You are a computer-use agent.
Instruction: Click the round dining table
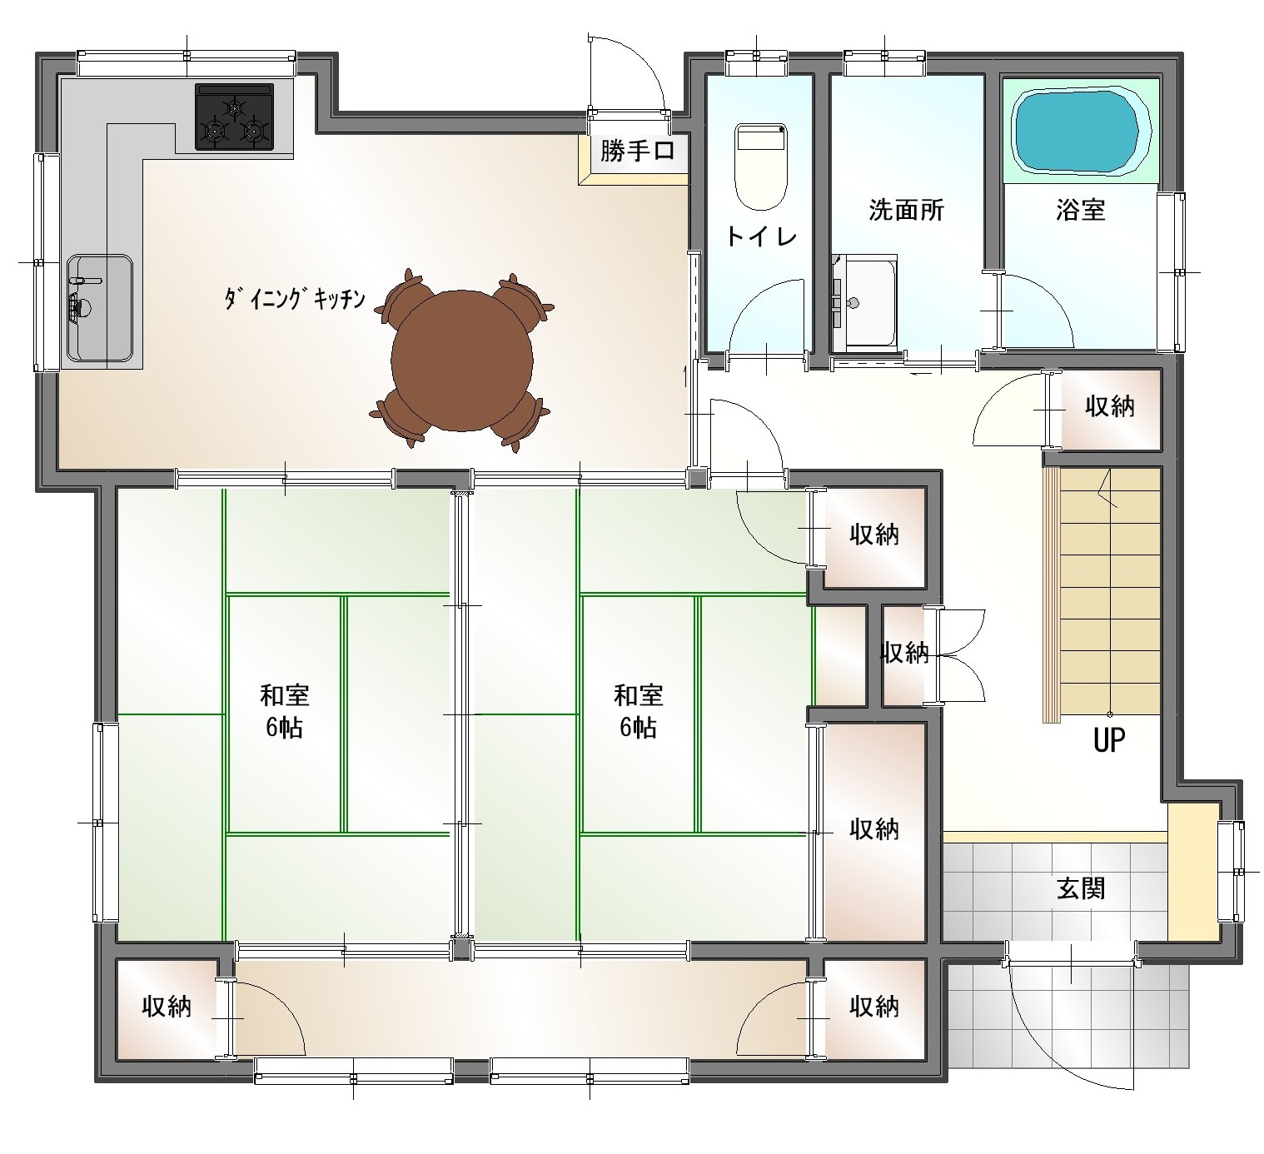click(x=462, y=361)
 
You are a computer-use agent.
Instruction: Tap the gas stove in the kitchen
click(x=235, y=117)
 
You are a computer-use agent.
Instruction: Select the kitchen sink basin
click(x=100, y=308)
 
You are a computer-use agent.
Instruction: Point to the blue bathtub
click(x=1080, y=129)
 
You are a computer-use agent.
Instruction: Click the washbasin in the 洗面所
click(x=863, y=303)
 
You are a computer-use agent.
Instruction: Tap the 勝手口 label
click(x=637, y=152)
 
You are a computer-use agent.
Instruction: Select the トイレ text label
click(x=761, y=236)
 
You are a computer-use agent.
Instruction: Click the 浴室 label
click(x=1080, y=210)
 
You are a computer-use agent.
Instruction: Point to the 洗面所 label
click(x=906, y=210)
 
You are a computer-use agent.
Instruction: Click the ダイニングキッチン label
click(x=294, y=299)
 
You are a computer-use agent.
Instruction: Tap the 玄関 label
click(x=1080, y=888)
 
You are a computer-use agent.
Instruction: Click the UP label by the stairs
click(x=1109, y=740)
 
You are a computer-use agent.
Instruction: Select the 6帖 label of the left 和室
click(x=284, y=728)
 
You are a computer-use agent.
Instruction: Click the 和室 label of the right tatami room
click(x=639, y=696)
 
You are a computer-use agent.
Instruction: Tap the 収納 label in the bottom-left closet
click(x=167, y=1007)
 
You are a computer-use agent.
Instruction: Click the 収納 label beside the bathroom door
click(x=1110, y=406)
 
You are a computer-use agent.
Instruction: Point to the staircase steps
click(x=1102, y=594)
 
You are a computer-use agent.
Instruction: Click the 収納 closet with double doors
click(x=905, y=655)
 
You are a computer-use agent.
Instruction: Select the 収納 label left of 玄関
click(x=874, y=830)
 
